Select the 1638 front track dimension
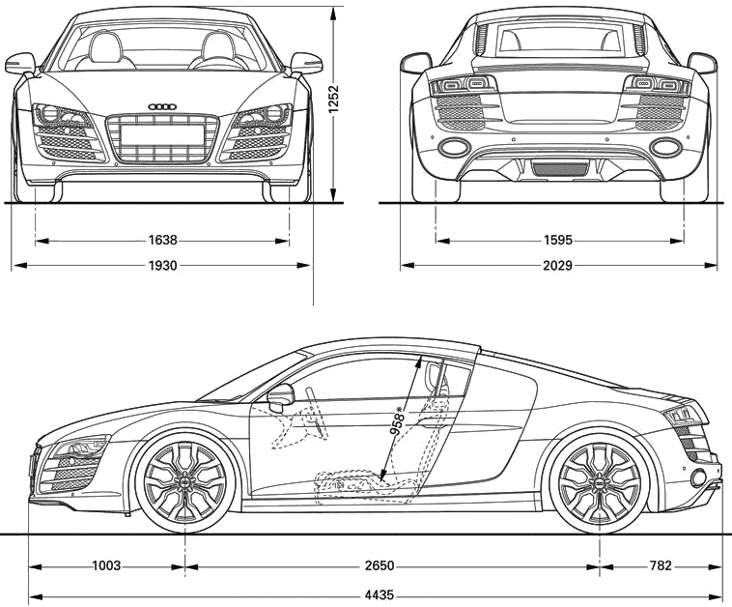pos(163,241)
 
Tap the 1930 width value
pos(163,266)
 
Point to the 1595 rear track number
pos(558,241)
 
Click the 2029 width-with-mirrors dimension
pos(558,266)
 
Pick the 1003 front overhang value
pos(106,565)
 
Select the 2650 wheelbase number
pos(380,565)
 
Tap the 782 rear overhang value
pos(660,565)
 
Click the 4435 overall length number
pos(380,595)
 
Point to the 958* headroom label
pos(397,421)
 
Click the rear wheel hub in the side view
pos(600,481)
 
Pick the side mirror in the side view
pos(281,395)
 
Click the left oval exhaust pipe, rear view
pos(454,147)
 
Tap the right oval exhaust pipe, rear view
pos(665,147)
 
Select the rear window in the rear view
pos(559,39)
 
